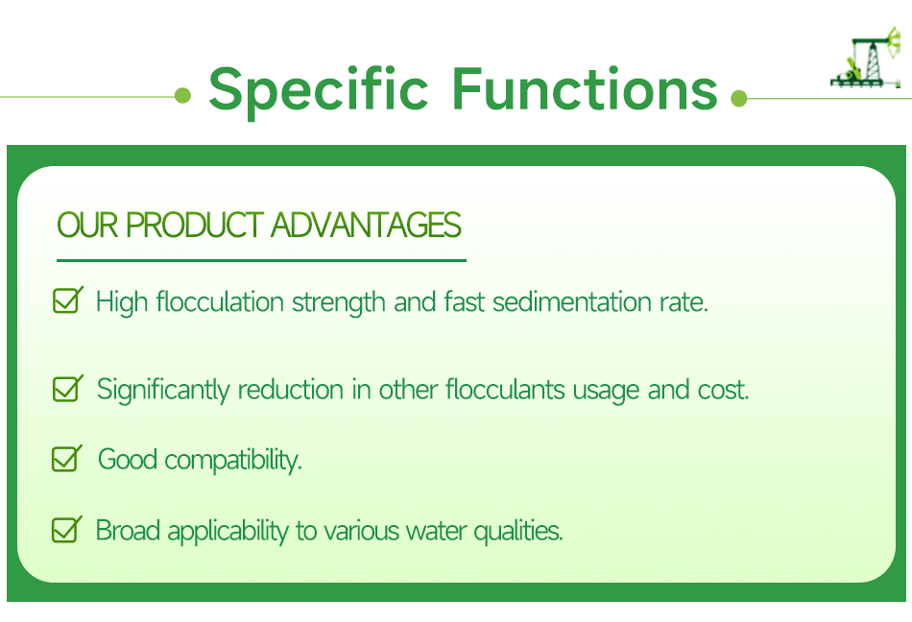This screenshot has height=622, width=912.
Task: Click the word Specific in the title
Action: pos(318,90)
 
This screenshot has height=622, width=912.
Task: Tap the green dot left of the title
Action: pos(182,95)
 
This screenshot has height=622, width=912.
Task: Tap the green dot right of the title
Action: pos(738,98)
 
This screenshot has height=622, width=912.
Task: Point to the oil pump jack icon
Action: pos(866,59)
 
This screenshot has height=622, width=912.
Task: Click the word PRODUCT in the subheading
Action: pos(195,225)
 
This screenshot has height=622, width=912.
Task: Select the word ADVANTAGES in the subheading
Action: pos(366,225)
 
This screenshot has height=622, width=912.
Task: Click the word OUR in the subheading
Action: pos(87,225)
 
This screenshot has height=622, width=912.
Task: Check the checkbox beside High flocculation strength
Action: pos(67,299)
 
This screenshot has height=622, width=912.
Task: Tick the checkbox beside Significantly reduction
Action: pos(67,389)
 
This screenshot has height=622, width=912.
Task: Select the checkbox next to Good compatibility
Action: pos(67,459)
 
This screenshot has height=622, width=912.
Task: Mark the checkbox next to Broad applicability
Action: pos(67,530)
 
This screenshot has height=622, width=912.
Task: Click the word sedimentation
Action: pos(572,301)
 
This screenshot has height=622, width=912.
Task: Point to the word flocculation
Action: pos(220,301)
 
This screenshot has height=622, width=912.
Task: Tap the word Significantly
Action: pos(163,390)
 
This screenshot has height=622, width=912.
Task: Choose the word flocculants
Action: pos(505,389)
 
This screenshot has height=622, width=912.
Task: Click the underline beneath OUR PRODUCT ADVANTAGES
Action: pos(261,260)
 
